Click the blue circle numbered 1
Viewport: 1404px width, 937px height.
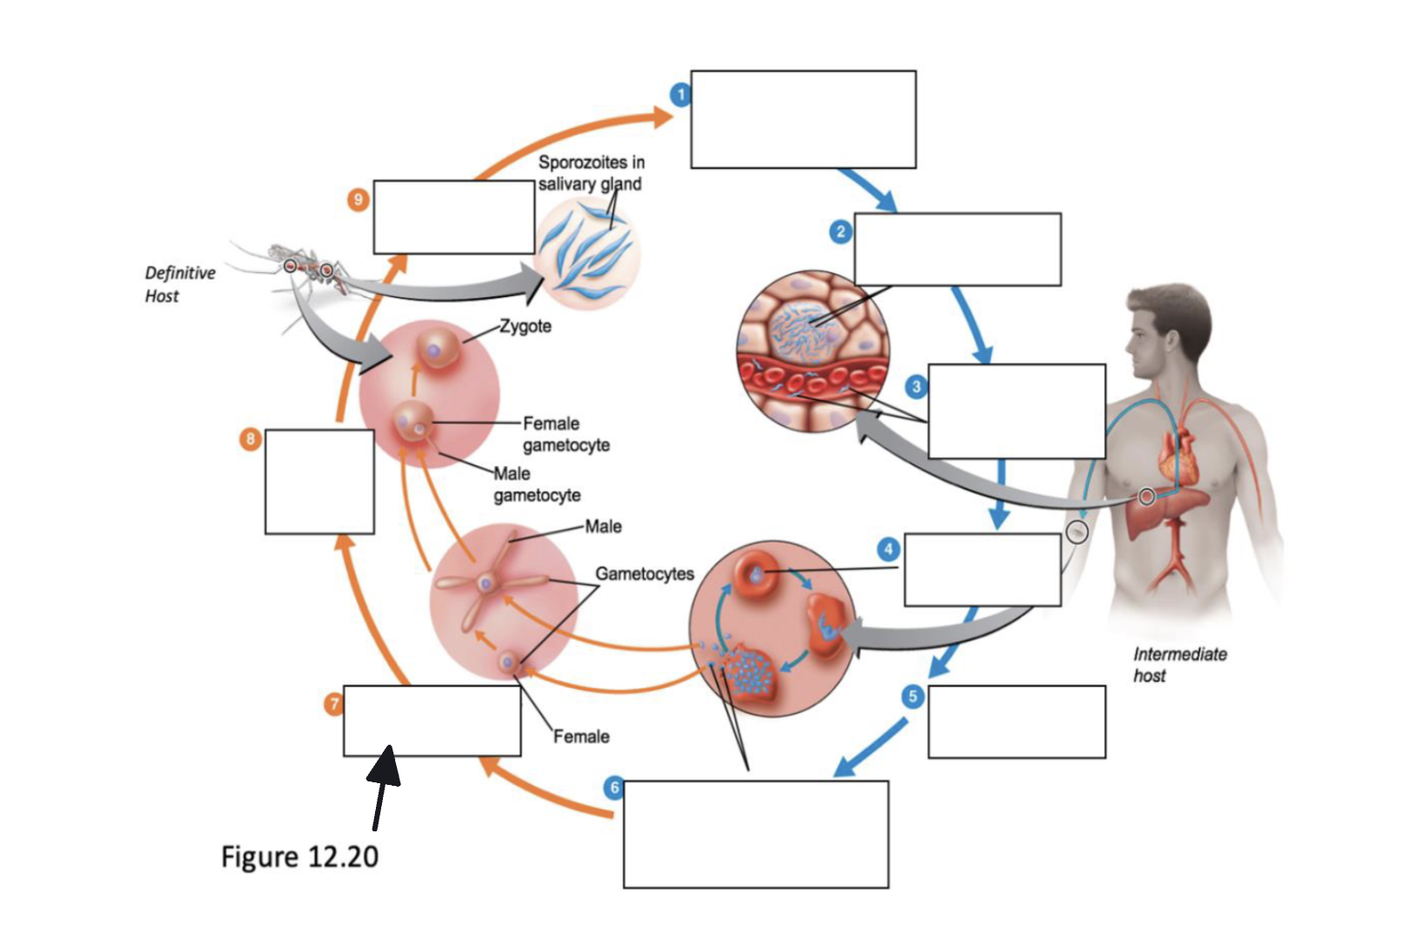681,95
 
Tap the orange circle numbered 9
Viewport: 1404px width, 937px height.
358,200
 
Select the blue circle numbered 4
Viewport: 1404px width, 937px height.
888,550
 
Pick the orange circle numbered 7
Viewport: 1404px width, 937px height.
334,704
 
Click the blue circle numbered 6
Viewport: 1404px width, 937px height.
615,788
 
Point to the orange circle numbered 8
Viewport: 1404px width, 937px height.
250,440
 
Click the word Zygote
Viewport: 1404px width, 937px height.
525,327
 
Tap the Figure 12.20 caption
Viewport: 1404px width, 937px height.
300,857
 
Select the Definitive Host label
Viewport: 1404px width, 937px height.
180,284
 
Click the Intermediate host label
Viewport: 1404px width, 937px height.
1179,664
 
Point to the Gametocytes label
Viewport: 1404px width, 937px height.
644,573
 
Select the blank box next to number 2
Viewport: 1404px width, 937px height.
957,249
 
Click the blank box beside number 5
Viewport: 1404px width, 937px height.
1017,722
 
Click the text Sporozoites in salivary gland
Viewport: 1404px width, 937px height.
590,173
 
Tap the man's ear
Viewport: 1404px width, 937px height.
1168,342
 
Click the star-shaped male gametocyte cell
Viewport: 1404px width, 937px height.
486,584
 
